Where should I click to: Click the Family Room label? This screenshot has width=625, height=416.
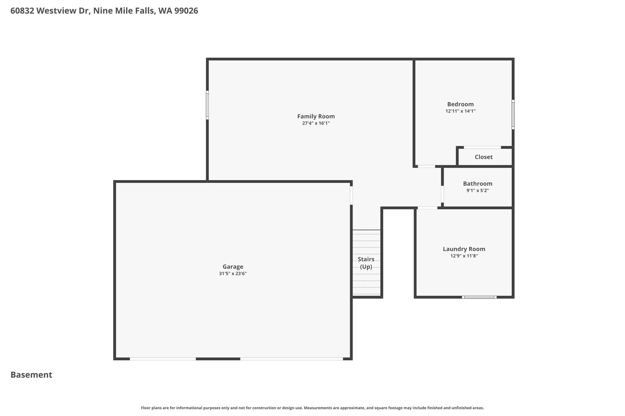click(x=316, y=116)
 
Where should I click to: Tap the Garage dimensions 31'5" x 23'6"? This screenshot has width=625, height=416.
click(x=233, y=274)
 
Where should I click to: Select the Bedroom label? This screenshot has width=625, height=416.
click(x=461, y=104)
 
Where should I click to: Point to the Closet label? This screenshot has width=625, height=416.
click(x=484, y=157)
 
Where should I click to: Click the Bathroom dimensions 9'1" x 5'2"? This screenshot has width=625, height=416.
click(x=478, y=191)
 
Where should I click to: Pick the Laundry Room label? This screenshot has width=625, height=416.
click(x=464, y=249)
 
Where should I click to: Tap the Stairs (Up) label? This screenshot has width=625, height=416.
click(x=366, y=263)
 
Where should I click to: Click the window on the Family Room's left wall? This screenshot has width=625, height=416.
click(x=207, y=105)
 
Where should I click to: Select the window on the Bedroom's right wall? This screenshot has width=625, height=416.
click(x=513, y=115)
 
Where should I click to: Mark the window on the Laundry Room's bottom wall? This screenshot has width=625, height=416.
click(x=479, y=297)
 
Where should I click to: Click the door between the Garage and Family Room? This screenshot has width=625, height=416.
click(x=351, y=195)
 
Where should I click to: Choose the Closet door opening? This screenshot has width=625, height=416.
click(x=482, y=148)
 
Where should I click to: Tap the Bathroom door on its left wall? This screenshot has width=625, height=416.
click(x=442, y=194)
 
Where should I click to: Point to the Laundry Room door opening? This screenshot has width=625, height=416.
click(x=427, y=208)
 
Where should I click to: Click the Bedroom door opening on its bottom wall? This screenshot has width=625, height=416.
click(x=426, y=166)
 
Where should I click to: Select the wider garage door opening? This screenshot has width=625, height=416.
click(x=291, y=359)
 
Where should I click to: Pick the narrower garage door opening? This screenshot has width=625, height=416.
click(x=163, y=359)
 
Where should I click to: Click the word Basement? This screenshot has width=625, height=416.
click(x=31, y=375)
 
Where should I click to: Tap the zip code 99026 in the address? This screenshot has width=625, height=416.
click(x=186, y=11)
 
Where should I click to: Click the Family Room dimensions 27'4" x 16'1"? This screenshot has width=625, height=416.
click(x=316, y=123)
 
